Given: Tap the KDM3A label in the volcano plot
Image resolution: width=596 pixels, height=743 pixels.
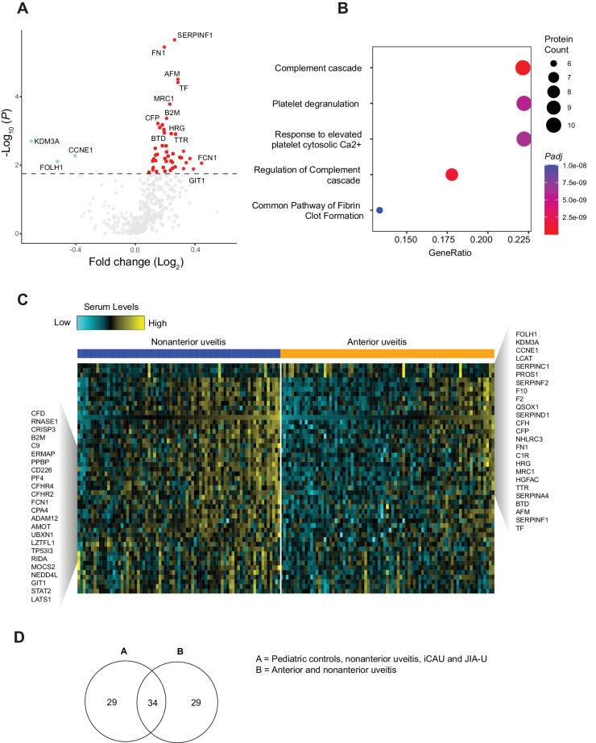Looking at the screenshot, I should click(47, 141).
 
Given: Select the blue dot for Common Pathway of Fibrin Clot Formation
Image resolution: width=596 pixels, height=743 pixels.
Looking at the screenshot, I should click(379, 210).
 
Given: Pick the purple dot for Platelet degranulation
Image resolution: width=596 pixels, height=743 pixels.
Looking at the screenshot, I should click(524, 103).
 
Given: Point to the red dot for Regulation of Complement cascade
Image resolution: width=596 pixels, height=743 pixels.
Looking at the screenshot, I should click(451, 175).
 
